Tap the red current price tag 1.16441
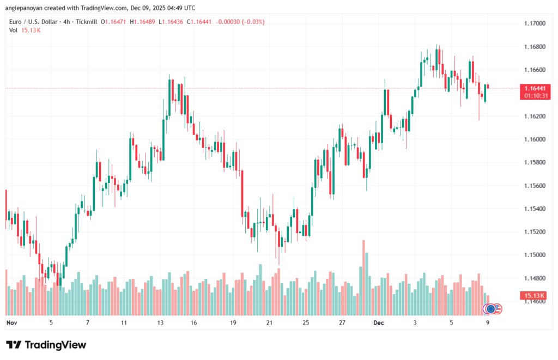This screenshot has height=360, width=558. pyautogui.click(x=535, y=88)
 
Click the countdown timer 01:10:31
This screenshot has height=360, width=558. pyautogui.click(x=535, y=95)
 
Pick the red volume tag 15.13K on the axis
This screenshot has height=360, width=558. pyautogui.click(x=535, y=295)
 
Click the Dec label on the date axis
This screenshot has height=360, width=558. pyautogui.click(x=379, y=322)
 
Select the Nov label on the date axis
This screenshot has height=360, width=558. pyautogui.click(x=12, y=322)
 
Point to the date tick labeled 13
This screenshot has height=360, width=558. pyautogui.click(x=160, y=322)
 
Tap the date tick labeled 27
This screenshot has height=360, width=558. pyautogui.click(x=342, y=322)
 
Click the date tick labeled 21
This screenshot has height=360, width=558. pyautogui.click(x=269, y=322)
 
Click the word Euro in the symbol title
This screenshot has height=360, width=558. pyautogui.click(x=16, y=22)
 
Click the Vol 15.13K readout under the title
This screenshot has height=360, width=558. pyautogui.click(x=25, y=30)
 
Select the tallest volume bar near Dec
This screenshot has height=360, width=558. pyautogui.click(x=362, y=278)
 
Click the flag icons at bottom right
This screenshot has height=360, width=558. pyautogui.click(x=493, y=309)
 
